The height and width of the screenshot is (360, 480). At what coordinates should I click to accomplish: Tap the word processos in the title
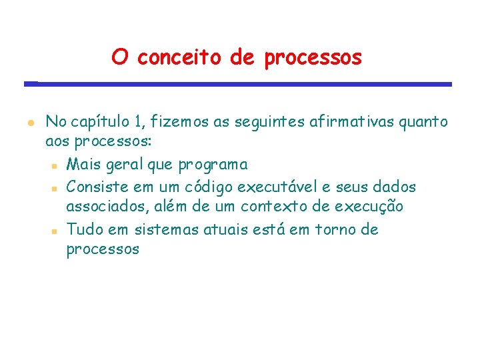pos(313,59)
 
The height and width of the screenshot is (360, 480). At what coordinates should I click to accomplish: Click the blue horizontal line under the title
pos(238,84)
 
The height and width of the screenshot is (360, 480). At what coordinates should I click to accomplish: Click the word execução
pos(369,207)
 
